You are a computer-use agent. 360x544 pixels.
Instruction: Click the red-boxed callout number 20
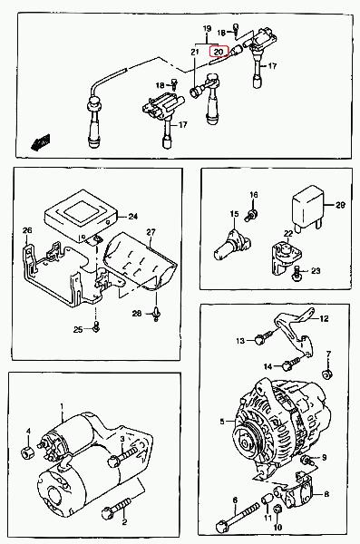(x=219, y=52)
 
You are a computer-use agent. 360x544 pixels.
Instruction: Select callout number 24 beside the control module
(x=133, y=217)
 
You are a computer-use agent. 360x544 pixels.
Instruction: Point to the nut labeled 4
(x=27, y=452)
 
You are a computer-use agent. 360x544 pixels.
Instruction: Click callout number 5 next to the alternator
(x=222, y=422)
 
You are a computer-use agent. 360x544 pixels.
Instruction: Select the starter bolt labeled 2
(x=117, y=508)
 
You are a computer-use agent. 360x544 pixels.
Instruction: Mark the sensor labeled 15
(x=232, y=244)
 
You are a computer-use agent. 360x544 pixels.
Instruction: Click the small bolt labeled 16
(x=251, y=214)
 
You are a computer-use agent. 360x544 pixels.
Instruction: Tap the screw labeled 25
(x=96, y=326)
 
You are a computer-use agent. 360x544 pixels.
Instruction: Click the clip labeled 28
(x=156, y=314)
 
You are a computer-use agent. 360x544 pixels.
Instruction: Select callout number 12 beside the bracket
(x=324, y=318)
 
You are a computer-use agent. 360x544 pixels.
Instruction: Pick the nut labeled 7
(x=327, y=374)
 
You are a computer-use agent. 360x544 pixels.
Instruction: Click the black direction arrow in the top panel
(x=41, y=142)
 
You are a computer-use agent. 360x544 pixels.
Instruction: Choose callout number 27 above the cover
(x=151, y=232)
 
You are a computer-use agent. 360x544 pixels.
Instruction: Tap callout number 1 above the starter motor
(x=63, y=406)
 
